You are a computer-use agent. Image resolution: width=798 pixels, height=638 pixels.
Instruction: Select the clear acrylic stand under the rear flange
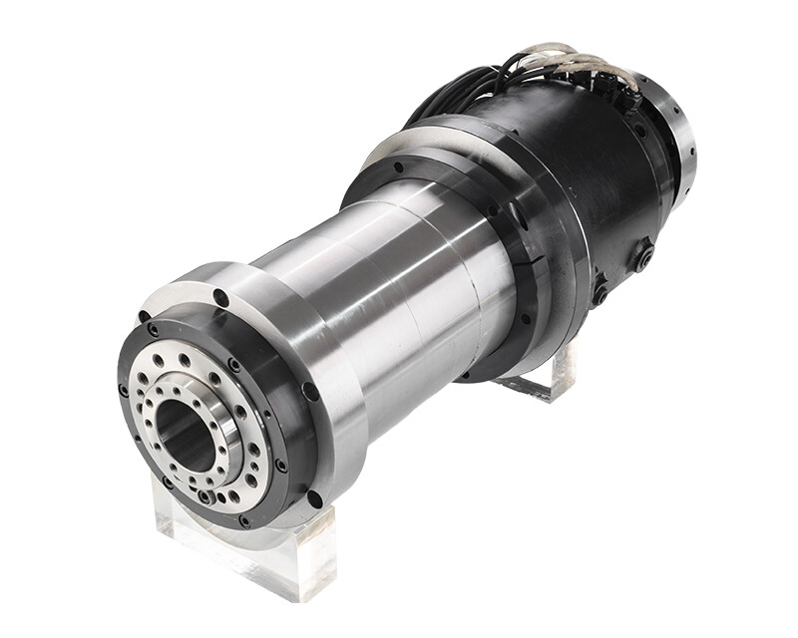[544, 374]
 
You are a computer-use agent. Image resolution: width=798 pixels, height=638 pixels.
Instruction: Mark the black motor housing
[589, 189]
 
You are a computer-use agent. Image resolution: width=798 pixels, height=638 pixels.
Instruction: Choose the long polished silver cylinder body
[399, 279]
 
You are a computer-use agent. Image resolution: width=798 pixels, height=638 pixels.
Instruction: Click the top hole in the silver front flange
[220, 297]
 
